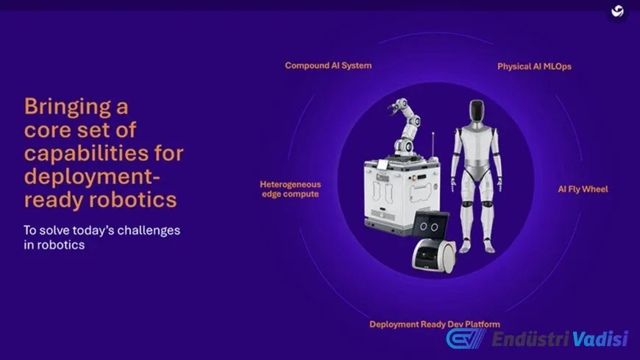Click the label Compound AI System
[328, 66]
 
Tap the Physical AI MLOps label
[534, 66]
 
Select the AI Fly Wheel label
[583, 189]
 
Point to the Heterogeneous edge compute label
[290, 189]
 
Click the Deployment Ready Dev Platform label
[435, 324]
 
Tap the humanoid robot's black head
[477, 110]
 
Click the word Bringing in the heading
[68, 107]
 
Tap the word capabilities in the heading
[86, 154]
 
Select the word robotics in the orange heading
[132, 200]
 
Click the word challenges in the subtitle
[149, 230]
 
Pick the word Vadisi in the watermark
[600, 339]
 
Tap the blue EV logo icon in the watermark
[466, 339]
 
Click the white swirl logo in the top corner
[617, 11]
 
